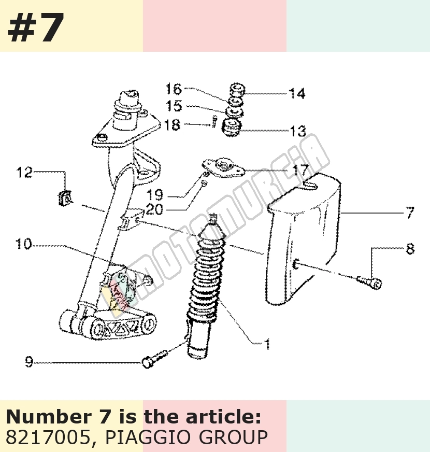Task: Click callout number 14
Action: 297,94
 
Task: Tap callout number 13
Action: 298,131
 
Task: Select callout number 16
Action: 174,89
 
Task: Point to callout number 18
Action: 173,125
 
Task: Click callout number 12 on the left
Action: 24,173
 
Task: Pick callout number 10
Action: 23,244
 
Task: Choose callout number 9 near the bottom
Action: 29,362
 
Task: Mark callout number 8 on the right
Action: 410,249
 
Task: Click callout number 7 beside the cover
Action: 410,213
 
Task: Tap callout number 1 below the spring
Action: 267,344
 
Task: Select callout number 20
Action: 154,209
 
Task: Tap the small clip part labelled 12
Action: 65,199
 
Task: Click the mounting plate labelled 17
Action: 223,168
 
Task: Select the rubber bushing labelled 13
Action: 232,127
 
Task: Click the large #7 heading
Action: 36,27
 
